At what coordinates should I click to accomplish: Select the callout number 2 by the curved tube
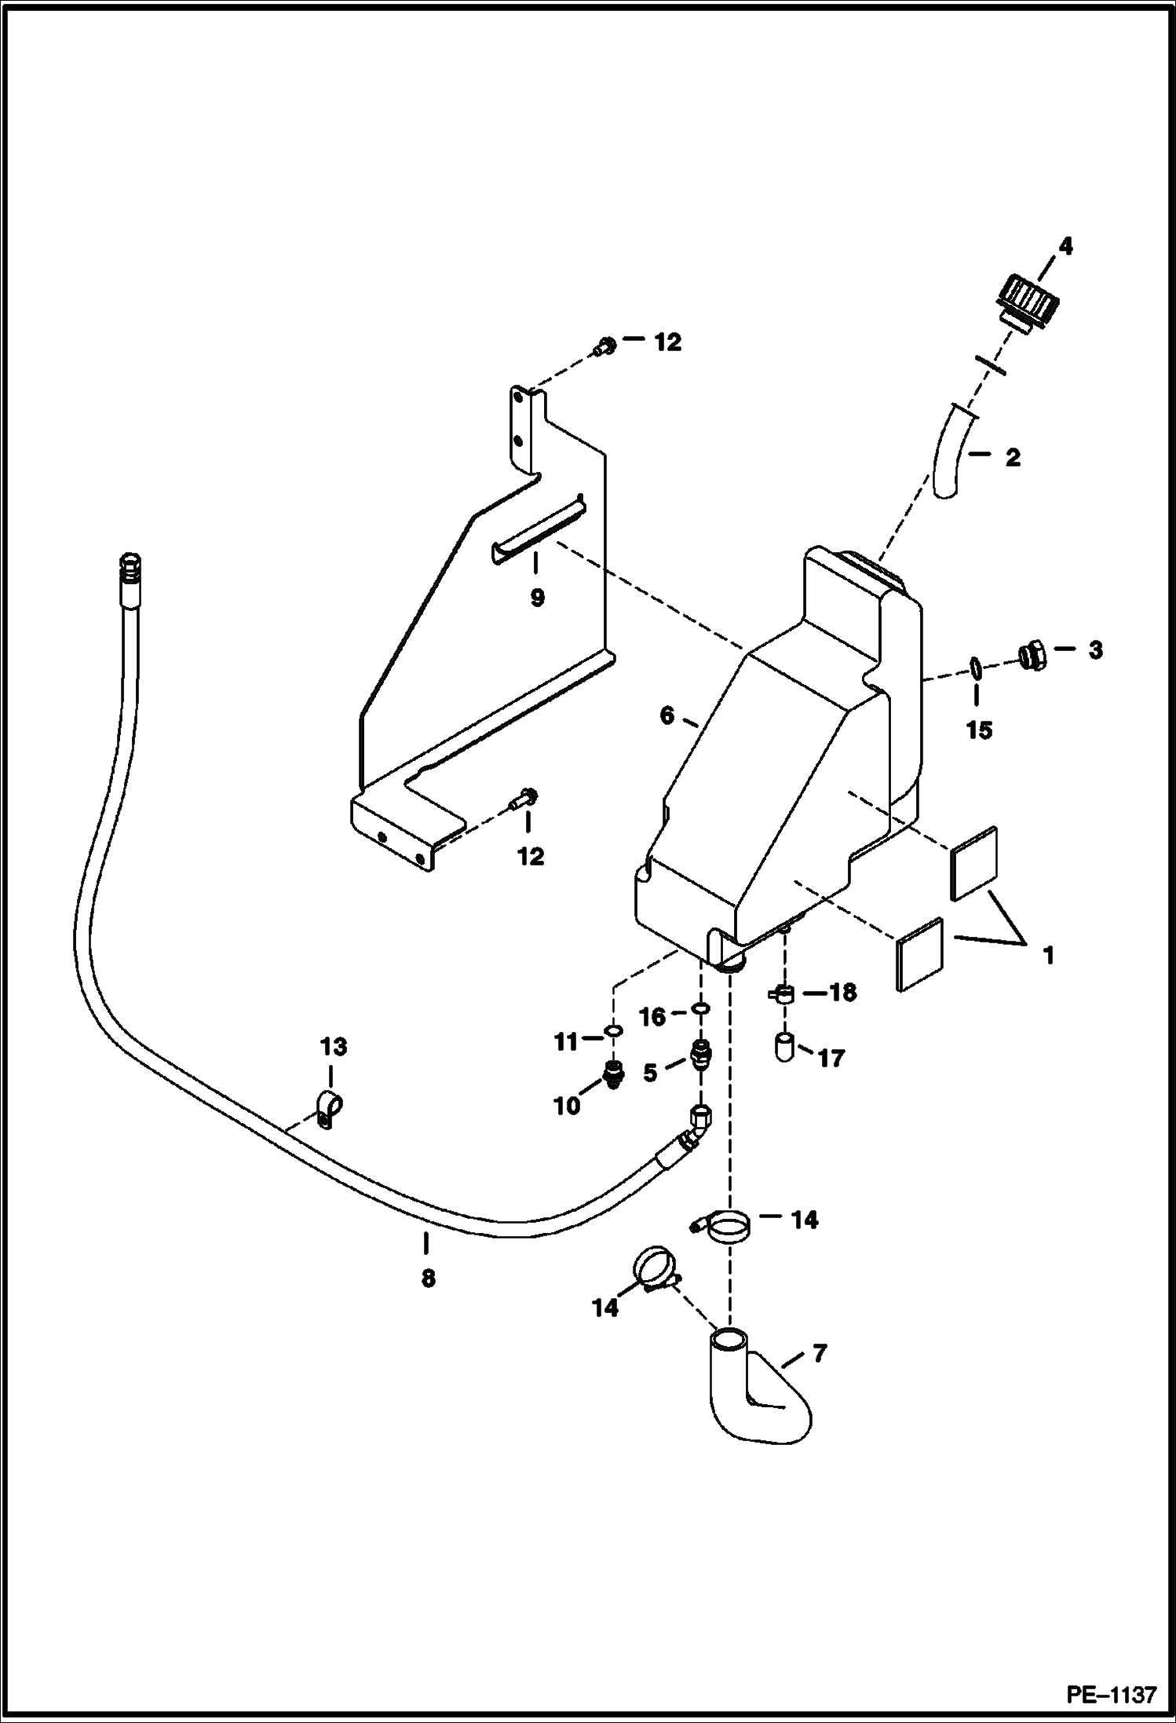tap(1013, 458)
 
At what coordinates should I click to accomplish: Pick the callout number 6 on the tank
tap(667, 716)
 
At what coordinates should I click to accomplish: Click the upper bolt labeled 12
tap(605, 346)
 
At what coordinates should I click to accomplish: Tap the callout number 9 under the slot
tap(537, 598)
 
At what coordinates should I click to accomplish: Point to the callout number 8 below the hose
tap(428, 1279)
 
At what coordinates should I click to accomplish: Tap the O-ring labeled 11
tap(615, 1030)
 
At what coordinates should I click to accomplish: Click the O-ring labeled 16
tap(702, 1008)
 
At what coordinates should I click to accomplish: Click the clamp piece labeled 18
tap(782, 995)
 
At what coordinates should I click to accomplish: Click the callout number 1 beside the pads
tap(1048, 957)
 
